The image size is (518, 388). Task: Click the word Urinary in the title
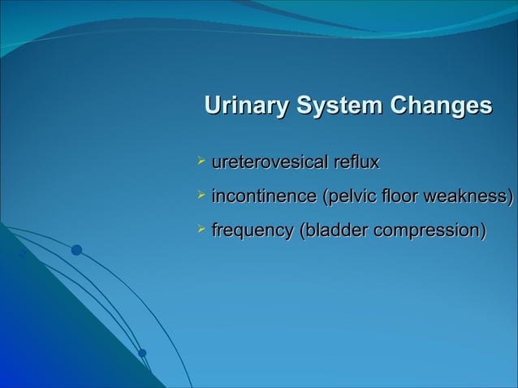tap(248, 106)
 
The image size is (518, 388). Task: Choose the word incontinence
tap(264, 196)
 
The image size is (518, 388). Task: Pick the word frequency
tap(252, 231)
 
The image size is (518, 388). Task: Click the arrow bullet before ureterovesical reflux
tap(202, 162)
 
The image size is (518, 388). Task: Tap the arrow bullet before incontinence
tap(202, 196)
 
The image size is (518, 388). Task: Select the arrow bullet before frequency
tap(202, 231)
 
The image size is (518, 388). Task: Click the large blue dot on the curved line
tap(76, 250)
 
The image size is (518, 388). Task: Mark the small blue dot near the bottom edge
tap(142, 352)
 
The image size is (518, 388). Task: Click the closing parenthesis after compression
tap(484, 231)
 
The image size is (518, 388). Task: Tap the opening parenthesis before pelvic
tap(326, 196)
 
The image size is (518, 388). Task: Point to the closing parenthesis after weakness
tap(512, 196)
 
